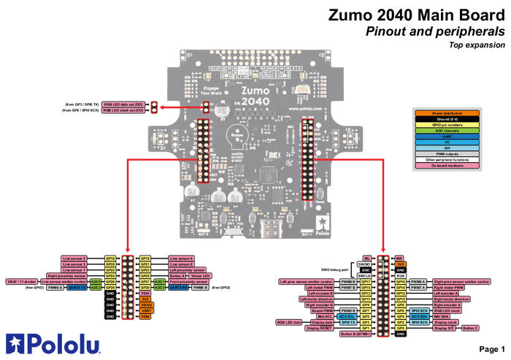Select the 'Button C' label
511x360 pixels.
(x=471, y=328)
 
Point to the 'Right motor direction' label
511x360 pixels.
(x=451, y=299)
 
